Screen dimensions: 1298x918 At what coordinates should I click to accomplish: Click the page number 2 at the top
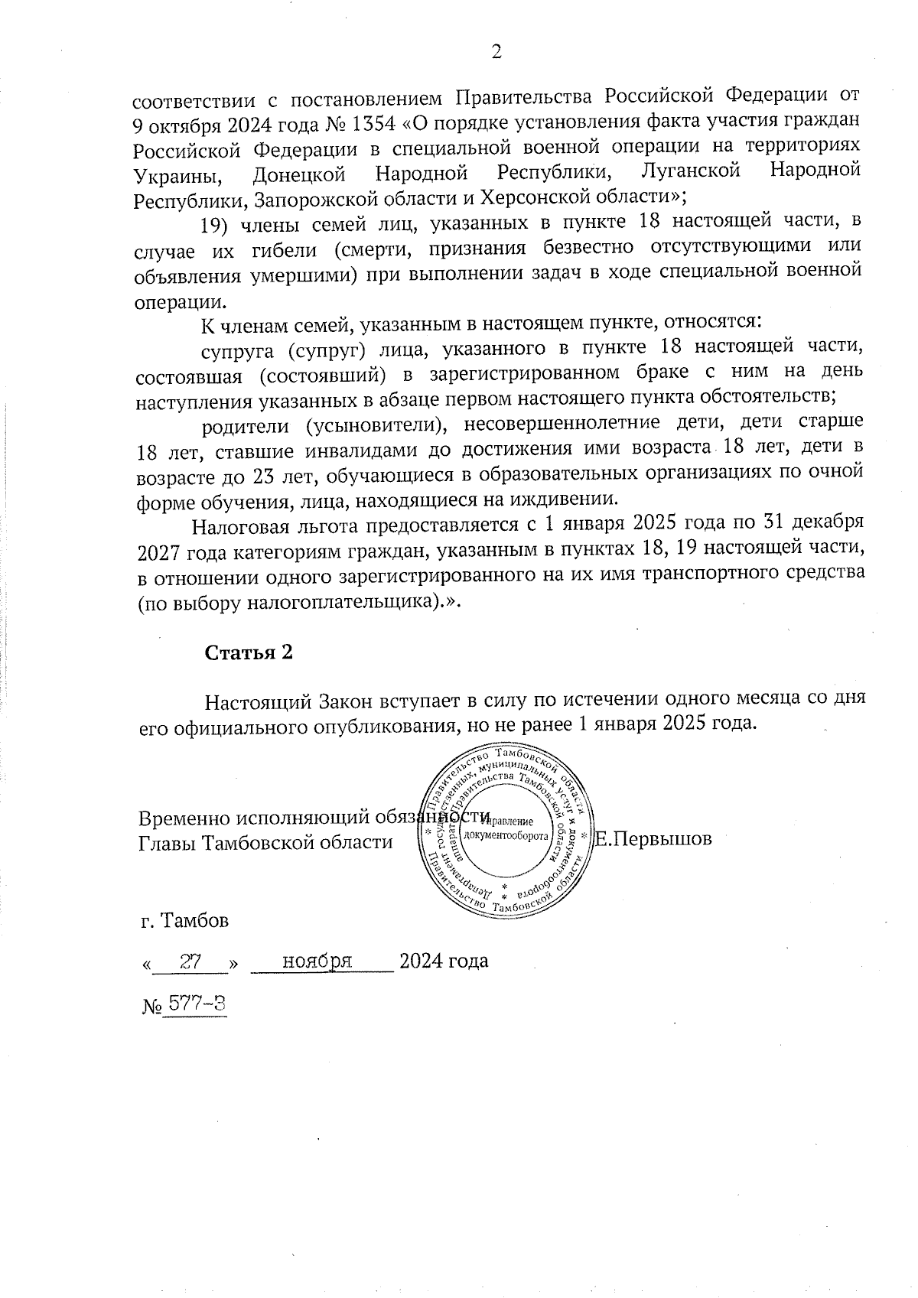pos(496,51)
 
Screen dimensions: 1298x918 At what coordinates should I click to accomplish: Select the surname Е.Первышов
pos(654,838)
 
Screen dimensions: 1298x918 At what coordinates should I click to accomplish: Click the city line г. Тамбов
pos(184,920)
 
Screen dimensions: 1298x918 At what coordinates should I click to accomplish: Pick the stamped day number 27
pos(190,960)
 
